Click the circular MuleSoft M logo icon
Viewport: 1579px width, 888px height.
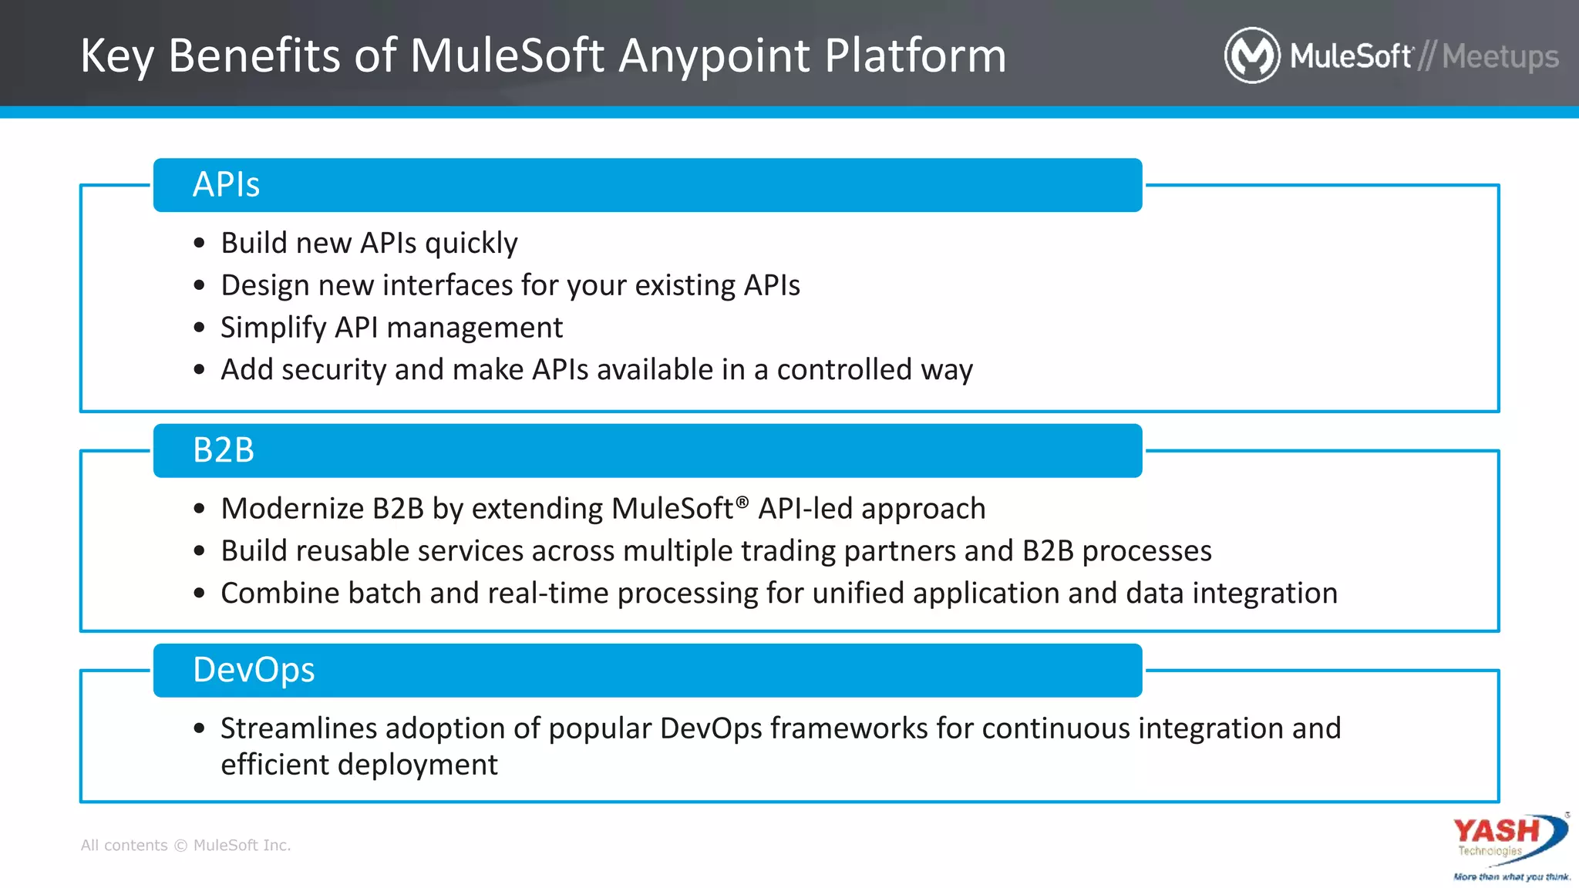[x=1251, y=55]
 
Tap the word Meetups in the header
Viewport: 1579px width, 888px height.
[x=1500, y=57]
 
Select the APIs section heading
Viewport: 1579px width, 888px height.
[x=226, y=185]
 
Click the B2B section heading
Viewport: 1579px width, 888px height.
[x=224, y=450]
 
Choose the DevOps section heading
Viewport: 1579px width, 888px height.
[x=254, y=670]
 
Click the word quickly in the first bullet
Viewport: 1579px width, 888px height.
[x=471, y=244]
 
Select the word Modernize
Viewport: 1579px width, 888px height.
[x=292, y=509]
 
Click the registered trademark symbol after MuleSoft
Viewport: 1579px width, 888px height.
[x=742, y=502]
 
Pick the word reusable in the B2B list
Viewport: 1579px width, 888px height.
[x=351, y=551]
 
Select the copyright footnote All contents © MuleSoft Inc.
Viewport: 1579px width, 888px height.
[x=186, y=845]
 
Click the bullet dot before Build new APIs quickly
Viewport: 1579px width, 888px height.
[x=200, y=244]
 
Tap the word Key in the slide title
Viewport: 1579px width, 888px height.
[x=117, y=57]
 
